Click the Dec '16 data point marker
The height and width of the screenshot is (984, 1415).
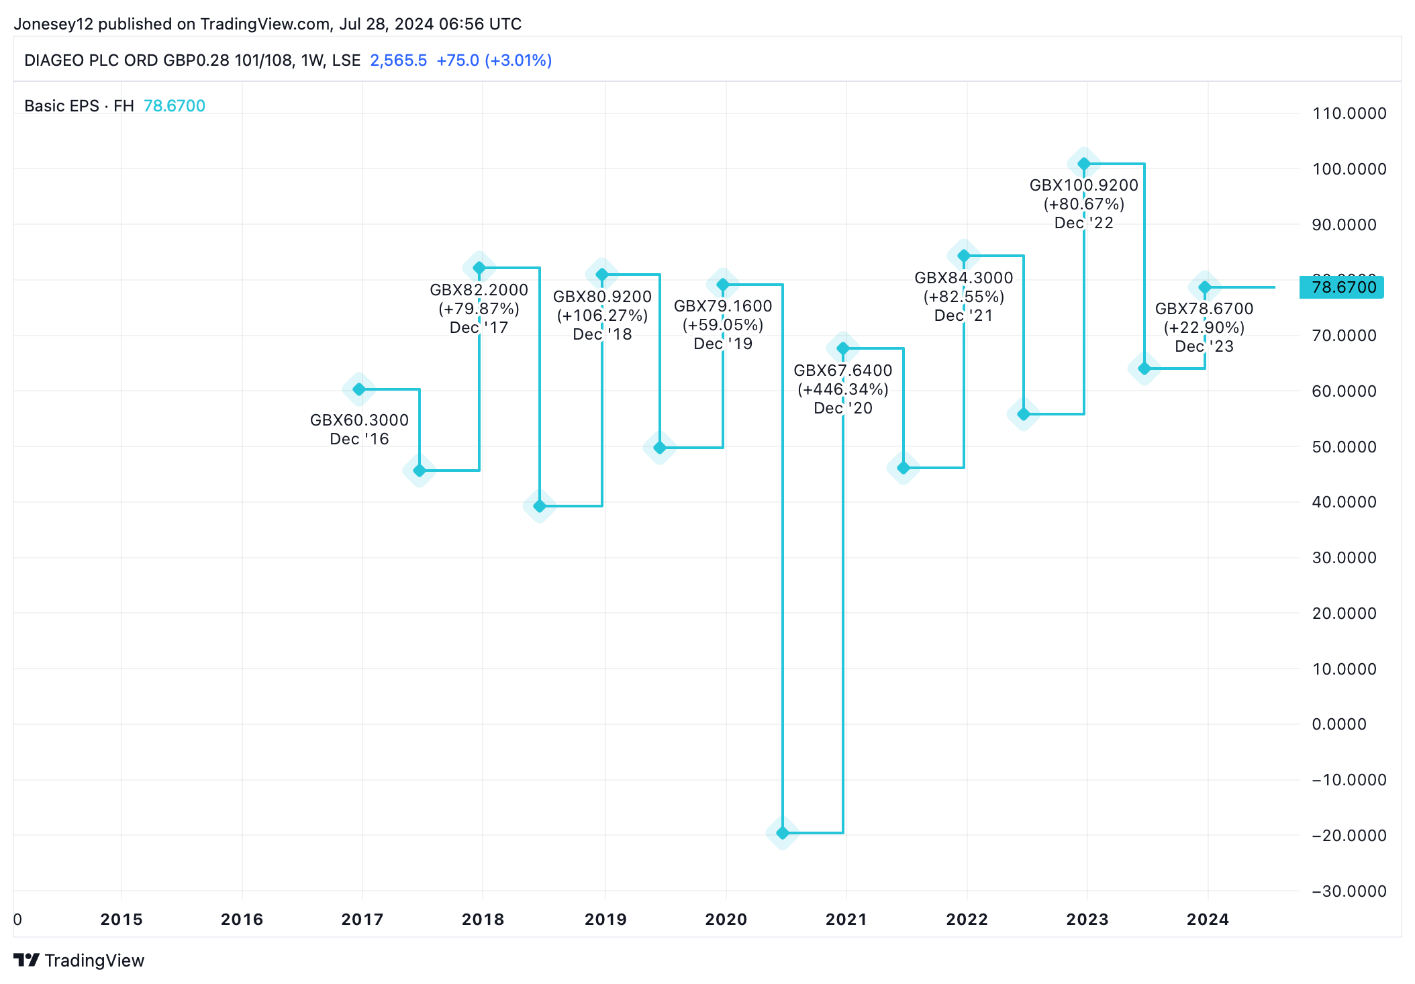tap(359, 389)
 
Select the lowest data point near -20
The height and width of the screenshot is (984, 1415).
tap(783, 833)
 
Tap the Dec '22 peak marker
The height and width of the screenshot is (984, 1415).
tap(1084, 164)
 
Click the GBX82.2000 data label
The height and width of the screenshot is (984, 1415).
tap(479, 290)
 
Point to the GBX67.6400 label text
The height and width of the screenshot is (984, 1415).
tap(843, 371)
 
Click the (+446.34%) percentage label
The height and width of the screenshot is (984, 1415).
tap(843, 389)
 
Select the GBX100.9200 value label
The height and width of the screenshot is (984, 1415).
tap(1084, 185)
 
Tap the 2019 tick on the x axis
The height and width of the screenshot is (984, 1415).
tap(605, 920)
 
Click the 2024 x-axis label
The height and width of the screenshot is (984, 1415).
tap(1208, 920)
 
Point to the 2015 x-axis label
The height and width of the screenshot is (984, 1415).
tap(121, 920)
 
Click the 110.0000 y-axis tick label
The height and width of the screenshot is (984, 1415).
tap(1349, 113)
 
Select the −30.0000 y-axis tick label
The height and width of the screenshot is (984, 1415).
tap(1349, 891)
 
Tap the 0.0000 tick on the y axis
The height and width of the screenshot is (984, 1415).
tap(1339, 724)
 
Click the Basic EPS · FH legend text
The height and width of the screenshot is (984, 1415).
tap(79, 106)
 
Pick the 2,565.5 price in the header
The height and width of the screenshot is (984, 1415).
tap(399, 60)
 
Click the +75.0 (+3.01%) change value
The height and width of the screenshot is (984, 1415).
tap(494, 60)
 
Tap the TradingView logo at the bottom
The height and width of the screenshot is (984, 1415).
tap(79, 961)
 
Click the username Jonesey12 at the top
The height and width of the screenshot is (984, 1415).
tap(53, 24)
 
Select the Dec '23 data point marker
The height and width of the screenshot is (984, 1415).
tap(1205, 287)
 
